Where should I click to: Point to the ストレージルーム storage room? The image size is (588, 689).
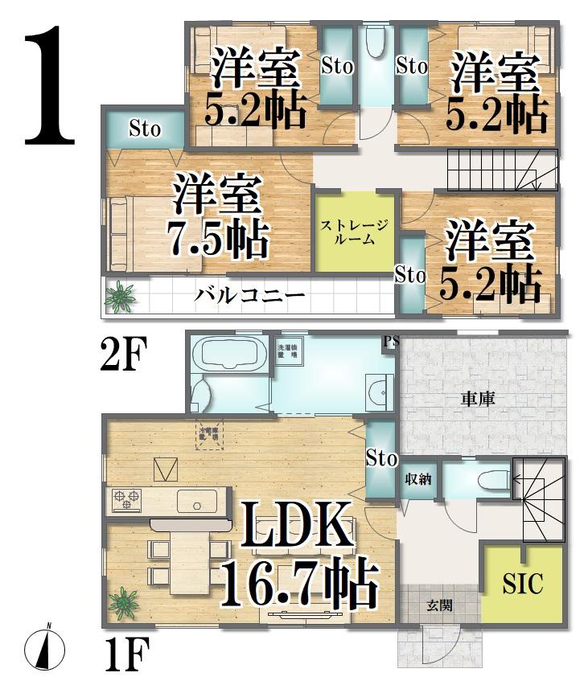point(355,232)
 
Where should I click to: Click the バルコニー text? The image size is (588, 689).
point(250,295)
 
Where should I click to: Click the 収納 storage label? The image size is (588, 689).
point(418,480)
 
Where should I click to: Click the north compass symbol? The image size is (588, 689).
point(45,646)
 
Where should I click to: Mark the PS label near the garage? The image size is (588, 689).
point(392,340)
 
